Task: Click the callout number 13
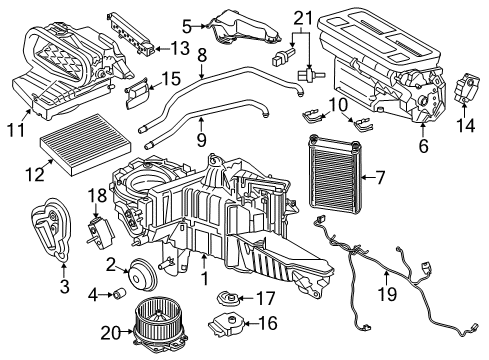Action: click(179, 47)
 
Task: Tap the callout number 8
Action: click(201, 55)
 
